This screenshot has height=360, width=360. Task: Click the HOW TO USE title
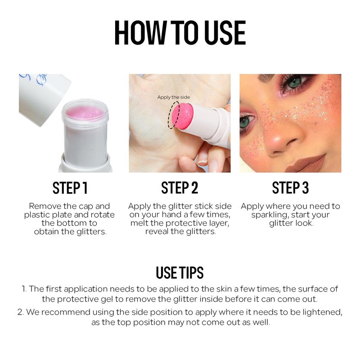[x=180, y=32]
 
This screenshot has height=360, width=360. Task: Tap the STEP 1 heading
[x=70, y=188]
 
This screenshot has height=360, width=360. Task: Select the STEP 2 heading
[x=180, y=188]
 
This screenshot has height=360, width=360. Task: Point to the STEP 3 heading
[x=290, y=188]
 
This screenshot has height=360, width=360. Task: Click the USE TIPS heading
[x=180, y=273]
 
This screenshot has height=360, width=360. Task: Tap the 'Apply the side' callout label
[x=174, y=97]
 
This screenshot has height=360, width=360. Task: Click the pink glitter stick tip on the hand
[x=182, y=116]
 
